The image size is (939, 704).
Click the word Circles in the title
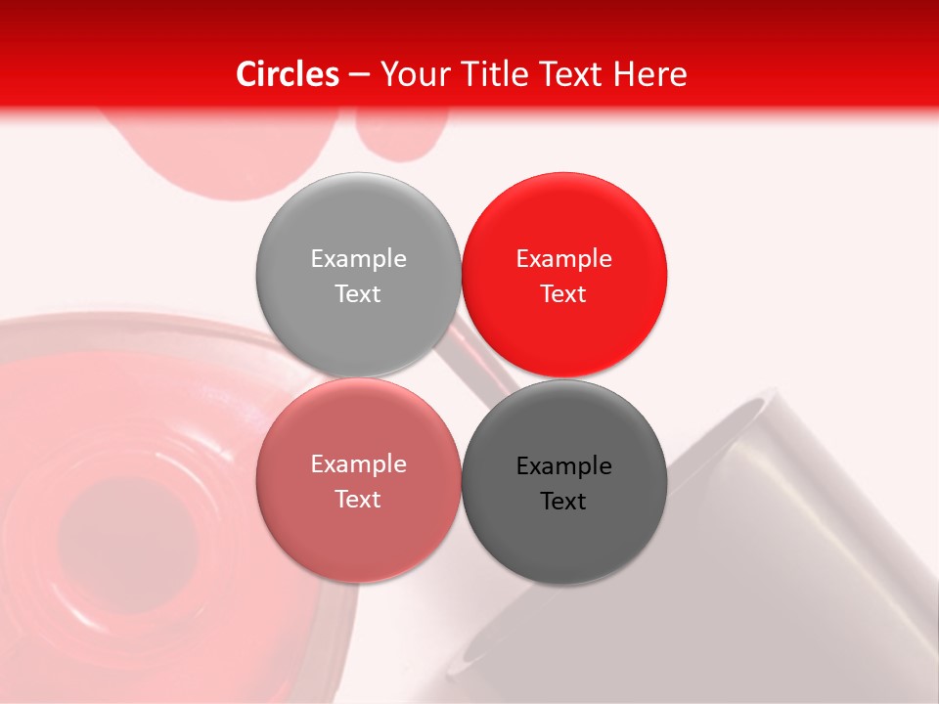(287, 74)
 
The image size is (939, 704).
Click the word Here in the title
(651, 74)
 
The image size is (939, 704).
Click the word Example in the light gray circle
(358, 258)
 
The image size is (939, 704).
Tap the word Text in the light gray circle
(358, 293)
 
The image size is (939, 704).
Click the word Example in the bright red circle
(563, 258)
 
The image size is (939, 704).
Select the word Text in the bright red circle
(563, 293)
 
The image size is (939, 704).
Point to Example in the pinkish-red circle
(358, 463)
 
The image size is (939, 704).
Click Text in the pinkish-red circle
(358, 499)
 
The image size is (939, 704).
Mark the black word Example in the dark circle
(563, 465)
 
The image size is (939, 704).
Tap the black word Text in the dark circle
(563, 501)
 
